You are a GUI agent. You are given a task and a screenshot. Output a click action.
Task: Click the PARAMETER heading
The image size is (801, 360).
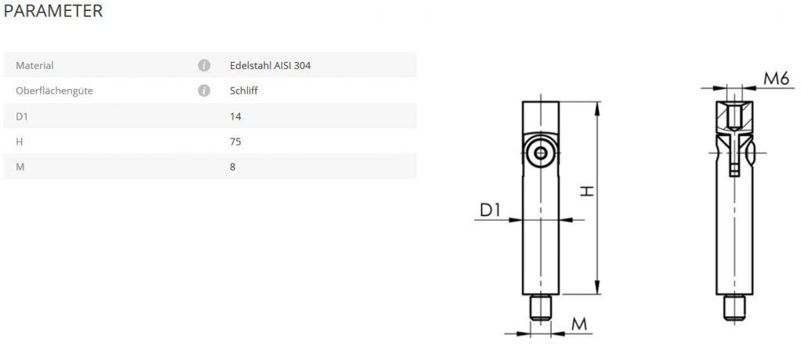(53, 11)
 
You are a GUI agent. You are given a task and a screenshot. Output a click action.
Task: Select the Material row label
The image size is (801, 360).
(34, 66)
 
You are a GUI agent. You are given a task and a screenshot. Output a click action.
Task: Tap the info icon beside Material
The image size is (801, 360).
(204, 66)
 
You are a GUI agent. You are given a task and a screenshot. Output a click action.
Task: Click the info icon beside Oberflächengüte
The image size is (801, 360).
(204, 91)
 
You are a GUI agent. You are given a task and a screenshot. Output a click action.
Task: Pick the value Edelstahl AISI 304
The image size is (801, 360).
(270, 66)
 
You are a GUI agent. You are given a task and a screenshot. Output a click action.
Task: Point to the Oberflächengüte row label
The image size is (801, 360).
(54, 91)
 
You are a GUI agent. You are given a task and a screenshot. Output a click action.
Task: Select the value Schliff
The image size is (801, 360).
(244, 91)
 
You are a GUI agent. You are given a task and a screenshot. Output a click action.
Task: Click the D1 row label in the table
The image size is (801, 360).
(21, 116)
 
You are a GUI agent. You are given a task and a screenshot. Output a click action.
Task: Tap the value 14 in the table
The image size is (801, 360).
(235, 116)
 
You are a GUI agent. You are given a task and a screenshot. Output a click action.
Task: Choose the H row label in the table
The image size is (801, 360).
(19, 142)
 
